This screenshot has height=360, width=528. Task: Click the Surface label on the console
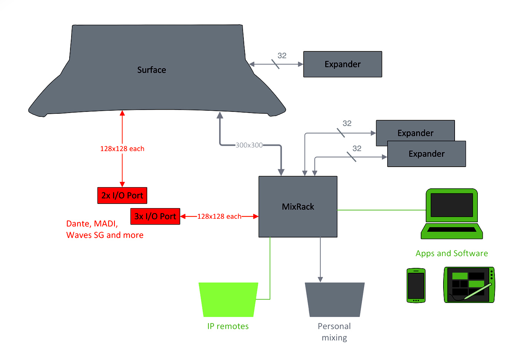(151, 70)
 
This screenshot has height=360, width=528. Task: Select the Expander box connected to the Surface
(342, 64)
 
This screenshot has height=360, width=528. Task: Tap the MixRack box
(298, 207)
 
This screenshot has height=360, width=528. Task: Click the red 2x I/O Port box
(122, 196)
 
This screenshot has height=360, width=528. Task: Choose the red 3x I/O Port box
(155, 217)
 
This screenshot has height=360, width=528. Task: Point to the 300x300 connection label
(249, 145)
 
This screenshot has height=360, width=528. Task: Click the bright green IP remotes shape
(228, 299)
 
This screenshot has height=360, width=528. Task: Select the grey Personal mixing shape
(334, 299)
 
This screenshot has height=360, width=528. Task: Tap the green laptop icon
(452, 214)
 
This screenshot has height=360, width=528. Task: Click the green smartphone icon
(416, 285)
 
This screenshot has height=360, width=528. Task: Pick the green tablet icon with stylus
(469, 285)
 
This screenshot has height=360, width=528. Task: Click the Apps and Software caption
(452, 253)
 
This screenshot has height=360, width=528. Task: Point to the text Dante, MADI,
(92, 224)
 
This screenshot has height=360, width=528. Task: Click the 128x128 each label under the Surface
(122, 149)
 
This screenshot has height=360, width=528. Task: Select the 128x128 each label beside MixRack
(219, 217)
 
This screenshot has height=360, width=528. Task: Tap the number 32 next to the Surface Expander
(282, 56)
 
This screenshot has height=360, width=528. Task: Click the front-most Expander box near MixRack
(426, 154)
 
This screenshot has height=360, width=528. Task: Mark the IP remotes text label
(228, 326)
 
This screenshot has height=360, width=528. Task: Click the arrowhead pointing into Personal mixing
(320, 279)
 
